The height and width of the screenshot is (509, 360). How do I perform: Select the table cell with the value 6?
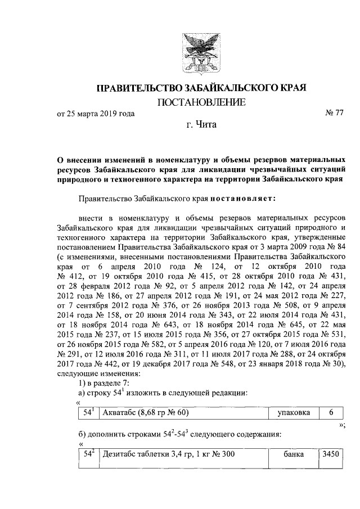[328, 413]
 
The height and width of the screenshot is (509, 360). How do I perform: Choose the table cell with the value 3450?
[328, 454]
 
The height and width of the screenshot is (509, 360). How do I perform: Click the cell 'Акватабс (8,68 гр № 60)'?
[143, 413]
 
